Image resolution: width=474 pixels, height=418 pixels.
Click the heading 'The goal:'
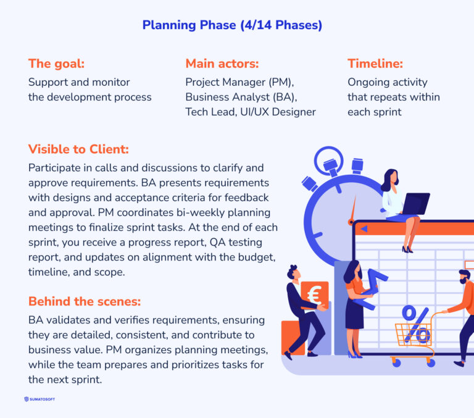[57, 63]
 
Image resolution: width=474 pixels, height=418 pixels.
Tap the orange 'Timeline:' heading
[375, 63]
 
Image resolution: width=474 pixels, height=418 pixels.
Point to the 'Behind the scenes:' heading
[85, 301]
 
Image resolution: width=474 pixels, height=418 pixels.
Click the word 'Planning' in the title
[166, 25]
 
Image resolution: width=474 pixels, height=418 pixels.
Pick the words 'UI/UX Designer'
[280, 112]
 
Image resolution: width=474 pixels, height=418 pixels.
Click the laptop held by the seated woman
[415, 203]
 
